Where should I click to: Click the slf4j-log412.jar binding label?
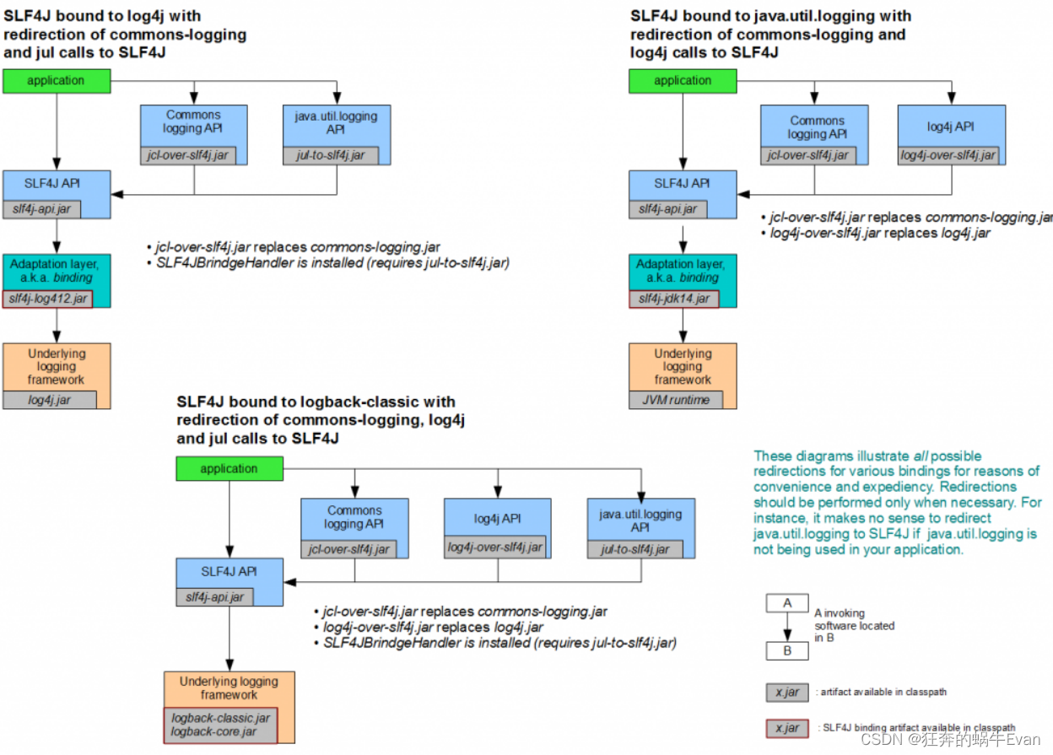pyautogui.click(x=47, y=299)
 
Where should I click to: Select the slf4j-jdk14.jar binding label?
pyautogui.click(x=674, y=299)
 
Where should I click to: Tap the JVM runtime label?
pyautogui.click(x=676, y=401)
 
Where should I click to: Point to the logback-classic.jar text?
pyautogui.click(x=220, y=718)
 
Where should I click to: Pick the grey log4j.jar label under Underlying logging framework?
pyautogui.click(x=49, y=401)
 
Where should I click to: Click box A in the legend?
pyautogui.click(x=787, y=603)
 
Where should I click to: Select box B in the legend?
pyautogui.click(x=787, y=651)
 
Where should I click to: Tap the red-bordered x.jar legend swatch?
pyautogui.click(x=787, y=727)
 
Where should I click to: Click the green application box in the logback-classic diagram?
pyautogui.click(x=229, y=469)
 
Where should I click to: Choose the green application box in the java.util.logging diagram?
pyautogui.click(x=682, y=81)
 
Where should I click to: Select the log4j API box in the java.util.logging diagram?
pyautogui.click(x=951, y=128)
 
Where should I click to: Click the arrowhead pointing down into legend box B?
pyautogui.click(x=787, y=638)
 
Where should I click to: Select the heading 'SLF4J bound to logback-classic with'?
pyautogui.click(x=316, y=402)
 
